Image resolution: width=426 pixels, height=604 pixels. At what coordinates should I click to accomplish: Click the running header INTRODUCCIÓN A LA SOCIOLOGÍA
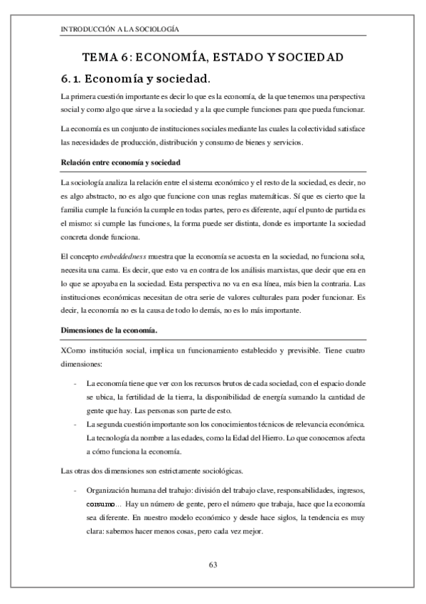click(x=119, y=29)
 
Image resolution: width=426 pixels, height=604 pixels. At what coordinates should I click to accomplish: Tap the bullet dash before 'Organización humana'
click(x=75, y=491)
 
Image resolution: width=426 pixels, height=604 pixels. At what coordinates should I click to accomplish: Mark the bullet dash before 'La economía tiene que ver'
click(x=75, y=383)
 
